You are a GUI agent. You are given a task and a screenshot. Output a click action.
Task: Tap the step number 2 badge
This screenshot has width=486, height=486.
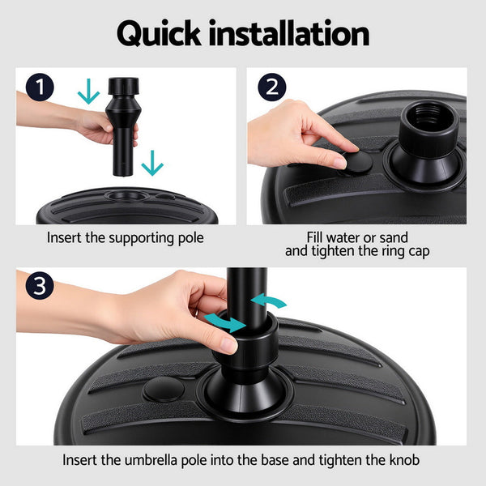tap(271, 88)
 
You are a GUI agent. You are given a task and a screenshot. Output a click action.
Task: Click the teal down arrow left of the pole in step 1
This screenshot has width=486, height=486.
tap(88, 92)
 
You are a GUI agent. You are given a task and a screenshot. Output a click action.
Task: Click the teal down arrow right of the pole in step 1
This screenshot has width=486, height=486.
tap(151, 164)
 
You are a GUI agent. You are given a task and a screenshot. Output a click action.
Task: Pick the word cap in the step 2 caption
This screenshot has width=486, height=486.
tap(416, 251)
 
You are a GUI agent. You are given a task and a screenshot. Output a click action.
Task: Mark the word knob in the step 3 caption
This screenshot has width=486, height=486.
tap(406, 460)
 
